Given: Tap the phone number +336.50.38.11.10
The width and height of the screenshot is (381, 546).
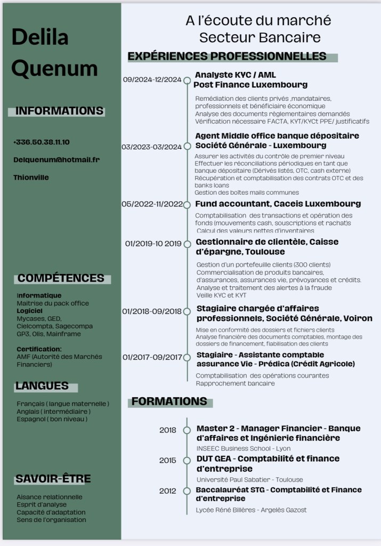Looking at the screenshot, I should pos(42,142).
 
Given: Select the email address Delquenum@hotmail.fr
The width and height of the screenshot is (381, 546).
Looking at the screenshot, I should pos(56,159).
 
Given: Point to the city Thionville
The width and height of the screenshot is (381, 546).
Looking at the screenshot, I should pos(31,177).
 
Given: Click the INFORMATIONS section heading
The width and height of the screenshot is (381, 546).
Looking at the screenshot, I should pos(59,111).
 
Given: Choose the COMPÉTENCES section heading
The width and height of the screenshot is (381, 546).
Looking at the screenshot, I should pos(61,278).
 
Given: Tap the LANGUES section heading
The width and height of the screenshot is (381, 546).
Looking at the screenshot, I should pos(42,386).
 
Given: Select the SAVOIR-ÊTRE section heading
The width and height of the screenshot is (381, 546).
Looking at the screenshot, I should pos(53,478).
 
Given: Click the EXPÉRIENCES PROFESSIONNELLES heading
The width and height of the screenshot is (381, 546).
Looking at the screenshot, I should pos(227,56).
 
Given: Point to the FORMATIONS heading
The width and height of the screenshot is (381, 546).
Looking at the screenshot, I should pos(169,401).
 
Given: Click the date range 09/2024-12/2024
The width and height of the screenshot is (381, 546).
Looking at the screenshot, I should pos(152,80).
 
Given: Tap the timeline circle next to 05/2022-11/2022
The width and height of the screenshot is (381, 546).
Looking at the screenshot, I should pos(187,204).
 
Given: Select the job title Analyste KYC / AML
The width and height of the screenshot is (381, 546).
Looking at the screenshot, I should pos(235,75).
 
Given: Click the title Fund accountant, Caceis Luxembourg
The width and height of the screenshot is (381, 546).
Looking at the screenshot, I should pos(278,204).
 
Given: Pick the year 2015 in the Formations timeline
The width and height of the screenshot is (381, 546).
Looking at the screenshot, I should pos(167,460).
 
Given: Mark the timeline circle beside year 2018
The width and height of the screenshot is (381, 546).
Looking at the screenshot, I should pos(187,429).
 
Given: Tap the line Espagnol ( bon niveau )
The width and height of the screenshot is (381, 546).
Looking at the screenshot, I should pos(52,419).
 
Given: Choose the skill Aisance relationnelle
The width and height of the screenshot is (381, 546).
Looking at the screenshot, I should pos(50,497).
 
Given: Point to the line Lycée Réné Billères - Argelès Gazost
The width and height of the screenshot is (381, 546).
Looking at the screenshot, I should pos(251,510).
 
